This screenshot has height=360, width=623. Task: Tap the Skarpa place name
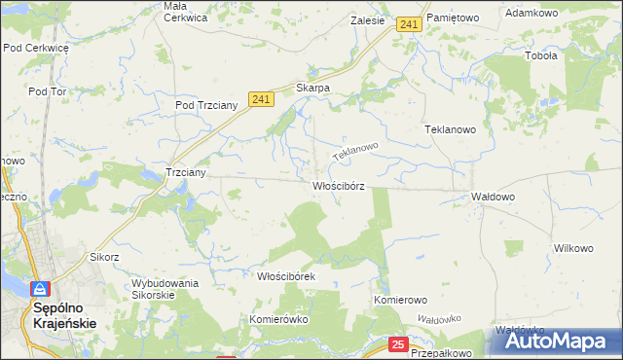pyautogui.click(x=313, y=88)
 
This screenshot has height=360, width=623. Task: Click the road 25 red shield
pyautogui.click(x=397, y=344)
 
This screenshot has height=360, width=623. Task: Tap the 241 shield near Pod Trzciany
pyautogui.click(x=259, y=99)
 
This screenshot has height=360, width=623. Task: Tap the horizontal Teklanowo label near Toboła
pyautogui.click(x=449, y=128)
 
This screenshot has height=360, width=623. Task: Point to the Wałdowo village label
pyautogui.click(x=493, y=197)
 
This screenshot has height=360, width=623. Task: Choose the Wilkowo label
pyautogui.click(x=573, y=248)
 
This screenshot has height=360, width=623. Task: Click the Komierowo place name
pyautogui.click(x=401, y=300)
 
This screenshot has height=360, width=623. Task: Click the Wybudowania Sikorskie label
pyautogui.click(x=165, y=289)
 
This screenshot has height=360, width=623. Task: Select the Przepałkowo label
pyautogui.click(x=441, y=354)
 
